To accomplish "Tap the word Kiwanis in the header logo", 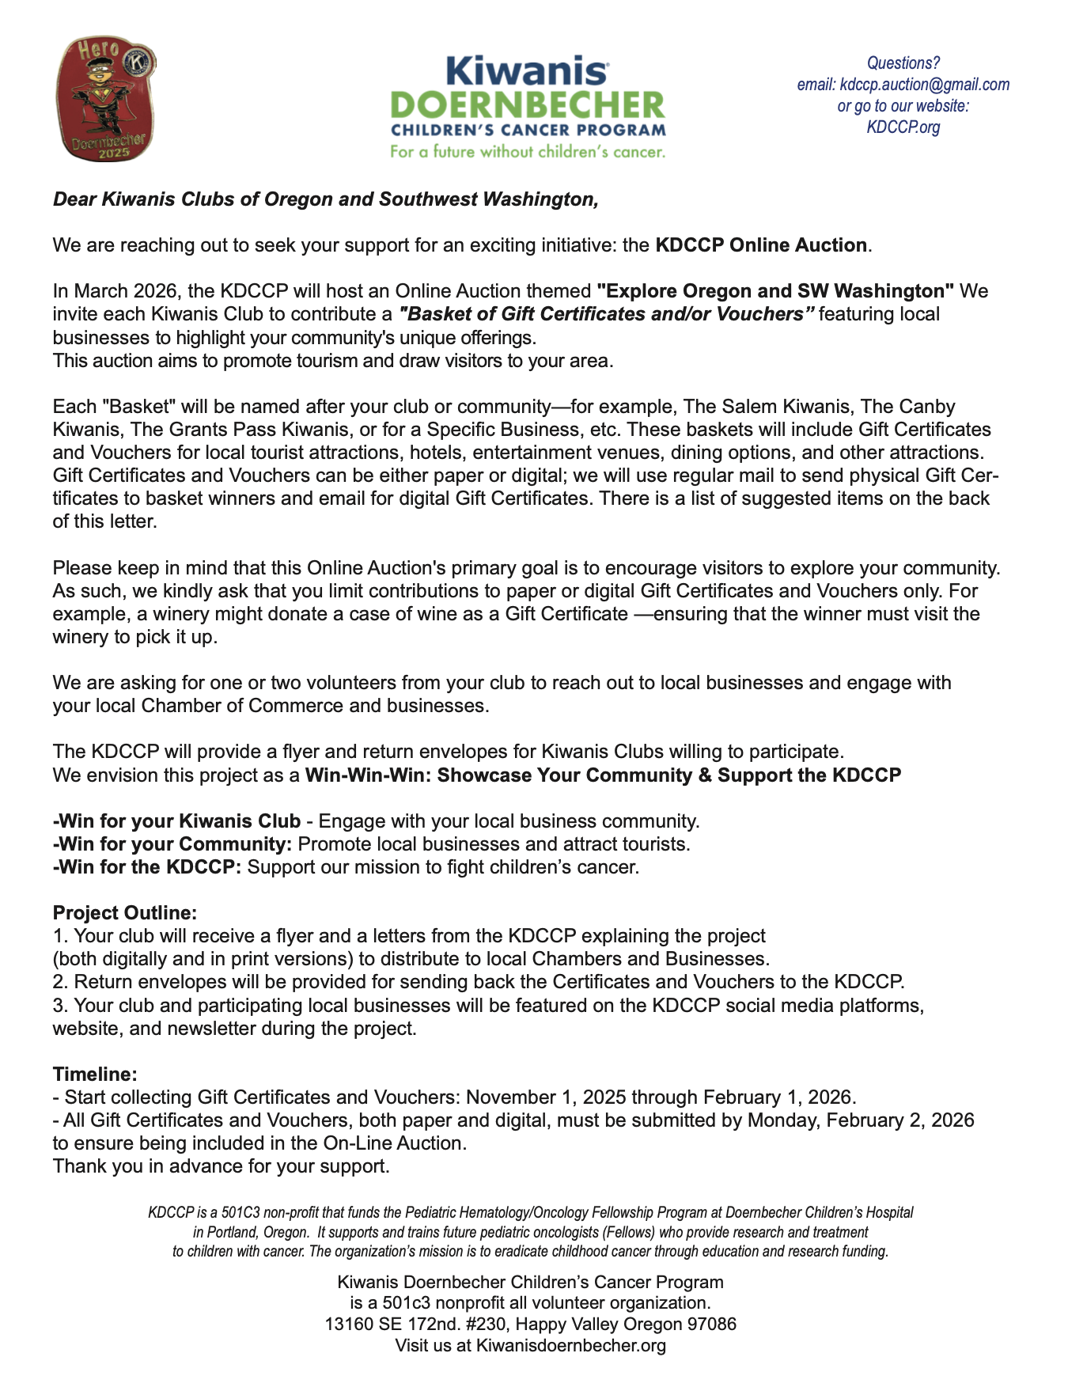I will point(527,72).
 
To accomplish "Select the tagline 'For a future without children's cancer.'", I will point(528,152).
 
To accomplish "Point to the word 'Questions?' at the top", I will point(903,63).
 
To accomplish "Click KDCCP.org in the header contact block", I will point(903,127).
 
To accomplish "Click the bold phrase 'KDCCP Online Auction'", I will point(761,245).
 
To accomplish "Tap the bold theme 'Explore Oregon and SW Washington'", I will point(775,291).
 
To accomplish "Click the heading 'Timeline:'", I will point(95,1075).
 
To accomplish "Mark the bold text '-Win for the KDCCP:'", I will point(147,867).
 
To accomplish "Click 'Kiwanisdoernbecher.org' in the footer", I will point(570,1346).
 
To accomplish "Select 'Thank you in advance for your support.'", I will point(221,1166).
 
